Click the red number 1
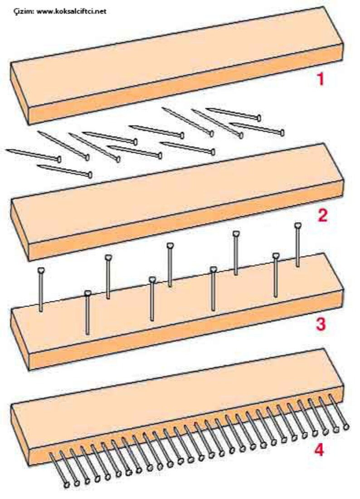click(x=321, y=79)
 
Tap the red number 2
click(x=322, y=215)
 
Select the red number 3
click(x=320, y=325)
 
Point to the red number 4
click(x=319, y=450)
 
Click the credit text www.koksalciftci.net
click(x=71, y=11)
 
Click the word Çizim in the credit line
click(x=24, y=11)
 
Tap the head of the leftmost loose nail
click(x=59, y=159)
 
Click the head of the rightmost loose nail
click(x=282, y=132)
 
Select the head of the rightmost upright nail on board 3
click(x=297, y=226)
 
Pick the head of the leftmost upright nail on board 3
click(x=41, y=270)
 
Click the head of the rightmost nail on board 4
click(x=346, y=427)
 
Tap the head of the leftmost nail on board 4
click(x=67, y=485)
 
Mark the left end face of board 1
click(x=20, y=93)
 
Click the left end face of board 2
click(x=20, y=229)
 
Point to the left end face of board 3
click(x=20, y=339)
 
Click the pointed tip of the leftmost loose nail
click(x=7, y=150)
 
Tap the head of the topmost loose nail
click(x=259, y=118)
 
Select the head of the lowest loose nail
click(x=90, y=174)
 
